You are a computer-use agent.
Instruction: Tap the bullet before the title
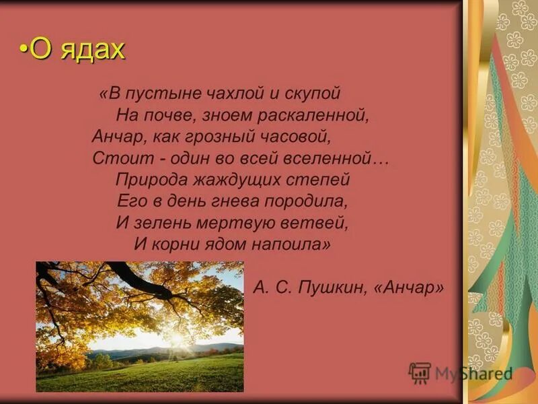tap(24, 50)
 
